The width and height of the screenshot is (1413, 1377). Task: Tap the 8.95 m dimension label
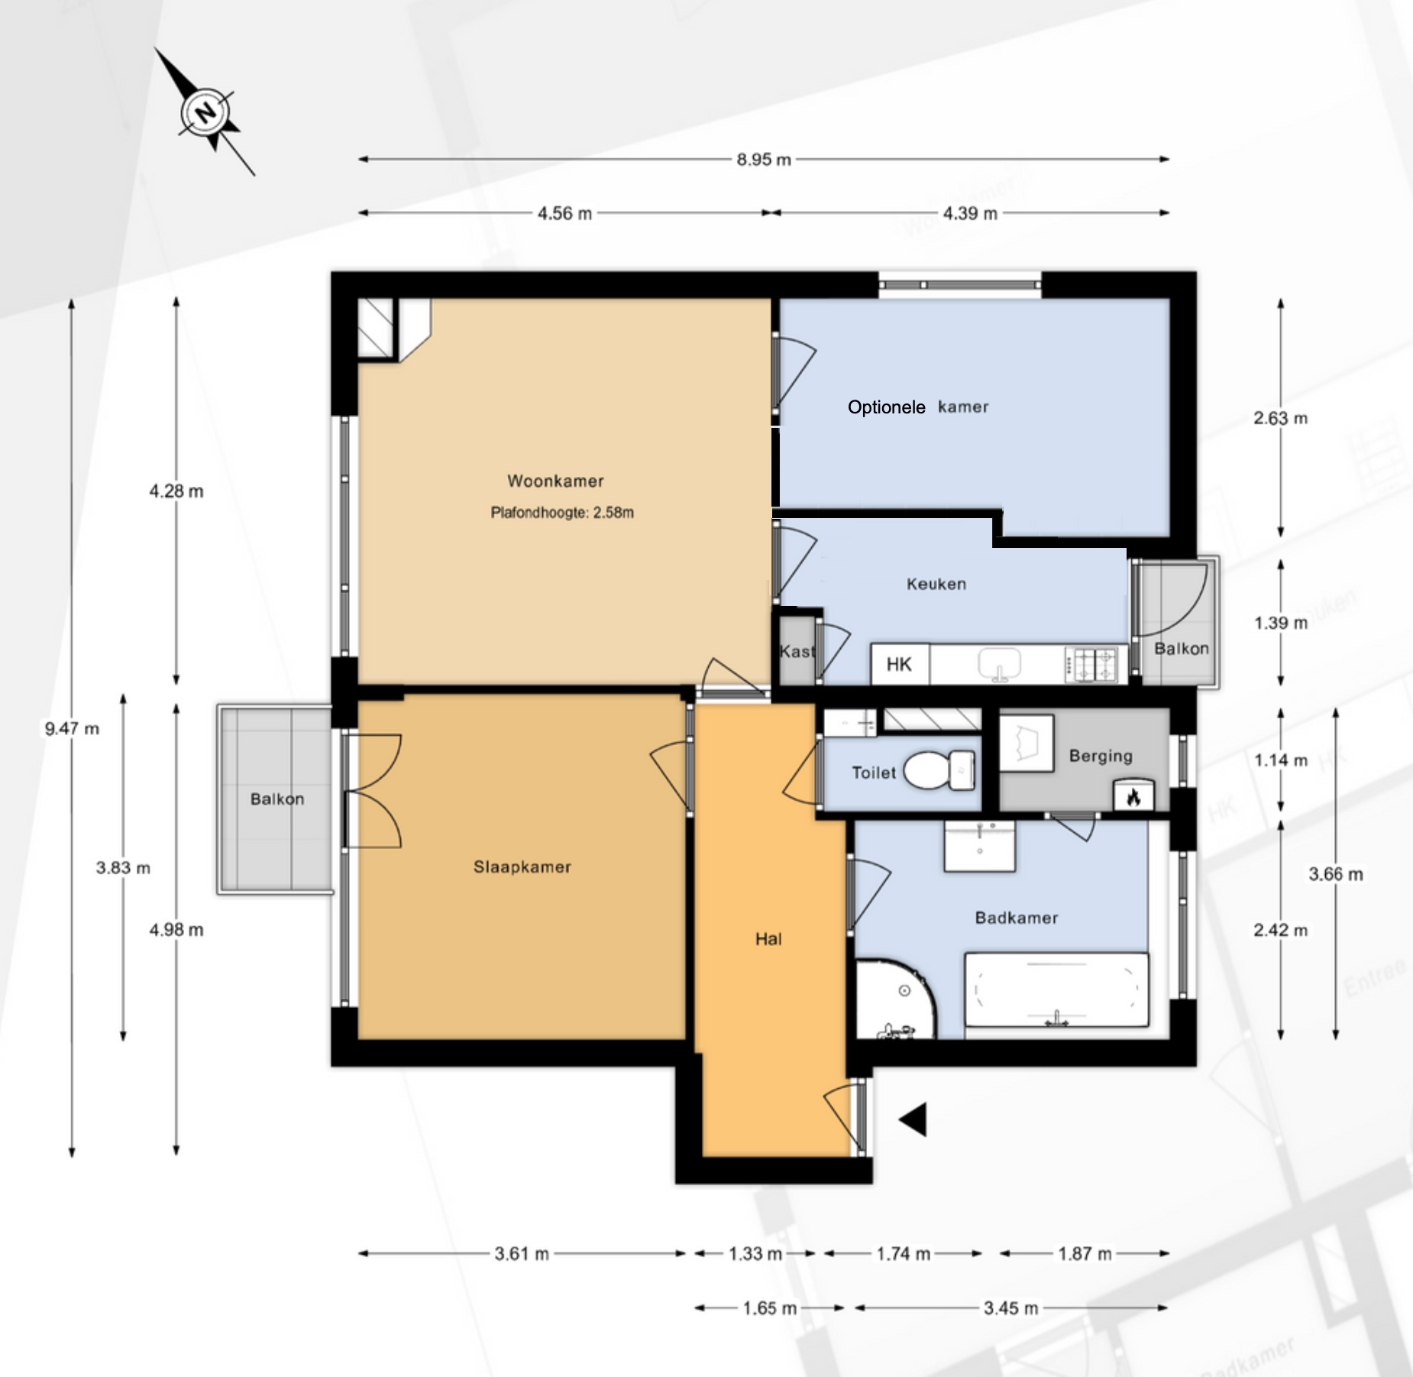[x=764, y=160]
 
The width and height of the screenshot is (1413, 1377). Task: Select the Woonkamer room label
[x=555, y=481]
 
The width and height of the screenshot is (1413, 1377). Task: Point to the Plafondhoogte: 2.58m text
[x=562, y=513]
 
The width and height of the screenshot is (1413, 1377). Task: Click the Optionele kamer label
[x=918, y=407]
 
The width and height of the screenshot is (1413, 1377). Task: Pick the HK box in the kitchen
[x=899, y=664]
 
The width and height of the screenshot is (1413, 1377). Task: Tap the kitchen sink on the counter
[x=999, y=664]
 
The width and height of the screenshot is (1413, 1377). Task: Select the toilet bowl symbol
[x=939, y=770]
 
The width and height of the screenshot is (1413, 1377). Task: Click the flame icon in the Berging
[x=1133, y=795]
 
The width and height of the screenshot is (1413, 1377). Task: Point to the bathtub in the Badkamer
[x=1057, y=989]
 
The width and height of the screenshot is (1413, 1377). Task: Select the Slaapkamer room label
[x=522, y=867]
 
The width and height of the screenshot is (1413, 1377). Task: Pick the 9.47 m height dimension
[x=72, y=728]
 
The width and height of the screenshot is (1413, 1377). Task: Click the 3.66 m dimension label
[x=1335, y=874]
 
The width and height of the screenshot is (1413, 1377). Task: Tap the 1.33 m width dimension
[x=755, y=1253]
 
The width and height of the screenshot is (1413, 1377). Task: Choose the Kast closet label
[x=797, y=651]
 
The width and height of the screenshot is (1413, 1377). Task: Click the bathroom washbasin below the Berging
[x=980, y=847]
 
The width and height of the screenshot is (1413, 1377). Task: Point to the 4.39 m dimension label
[x=970, y=213]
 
